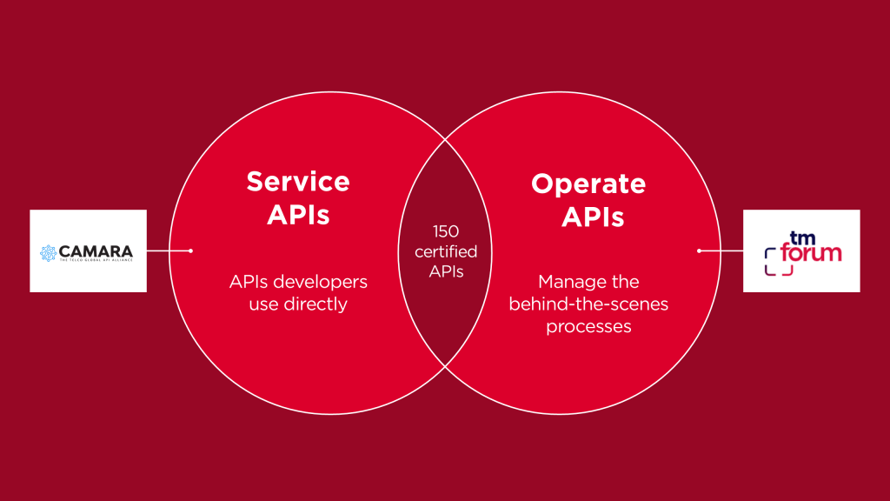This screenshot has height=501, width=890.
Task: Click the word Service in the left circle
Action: click(x=298, y=181)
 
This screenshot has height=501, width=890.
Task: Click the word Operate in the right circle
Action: click(x=588, y=184)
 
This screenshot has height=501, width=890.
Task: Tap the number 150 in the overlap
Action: click(x=446, y=231)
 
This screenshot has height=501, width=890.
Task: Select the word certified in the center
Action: click(x=446, y=251)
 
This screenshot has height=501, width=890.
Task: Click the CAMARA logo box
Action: click(x=88, y=250)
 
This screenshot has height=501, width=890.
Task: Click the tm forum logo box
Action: click(x=801, y=250)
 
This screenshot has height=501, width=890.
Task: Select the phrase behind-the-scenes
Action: click(x=588, y=304)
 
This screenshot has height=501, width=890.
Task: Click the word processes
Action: click(x=588, y=326)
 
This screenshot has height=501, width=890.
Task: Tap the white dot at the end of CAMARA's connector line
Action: click(x=190, y=250)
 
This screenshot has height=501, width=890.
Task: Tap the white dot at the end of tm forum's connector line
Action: click(x=700, y=250)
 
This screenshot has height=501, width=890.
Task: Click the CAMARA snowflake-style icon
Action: click(x=49, y=252)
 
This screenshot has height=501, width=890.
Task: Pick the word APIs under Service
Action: click(x=298, y=214)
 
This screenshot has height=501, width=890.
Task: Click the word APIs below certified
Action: click(x=446, y=271)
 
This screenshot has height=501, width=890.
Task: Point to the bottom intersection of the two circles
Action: click(x=446, y=364)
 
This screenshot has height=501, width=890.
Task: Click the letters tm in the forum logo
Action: click(x=800, y=237)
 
